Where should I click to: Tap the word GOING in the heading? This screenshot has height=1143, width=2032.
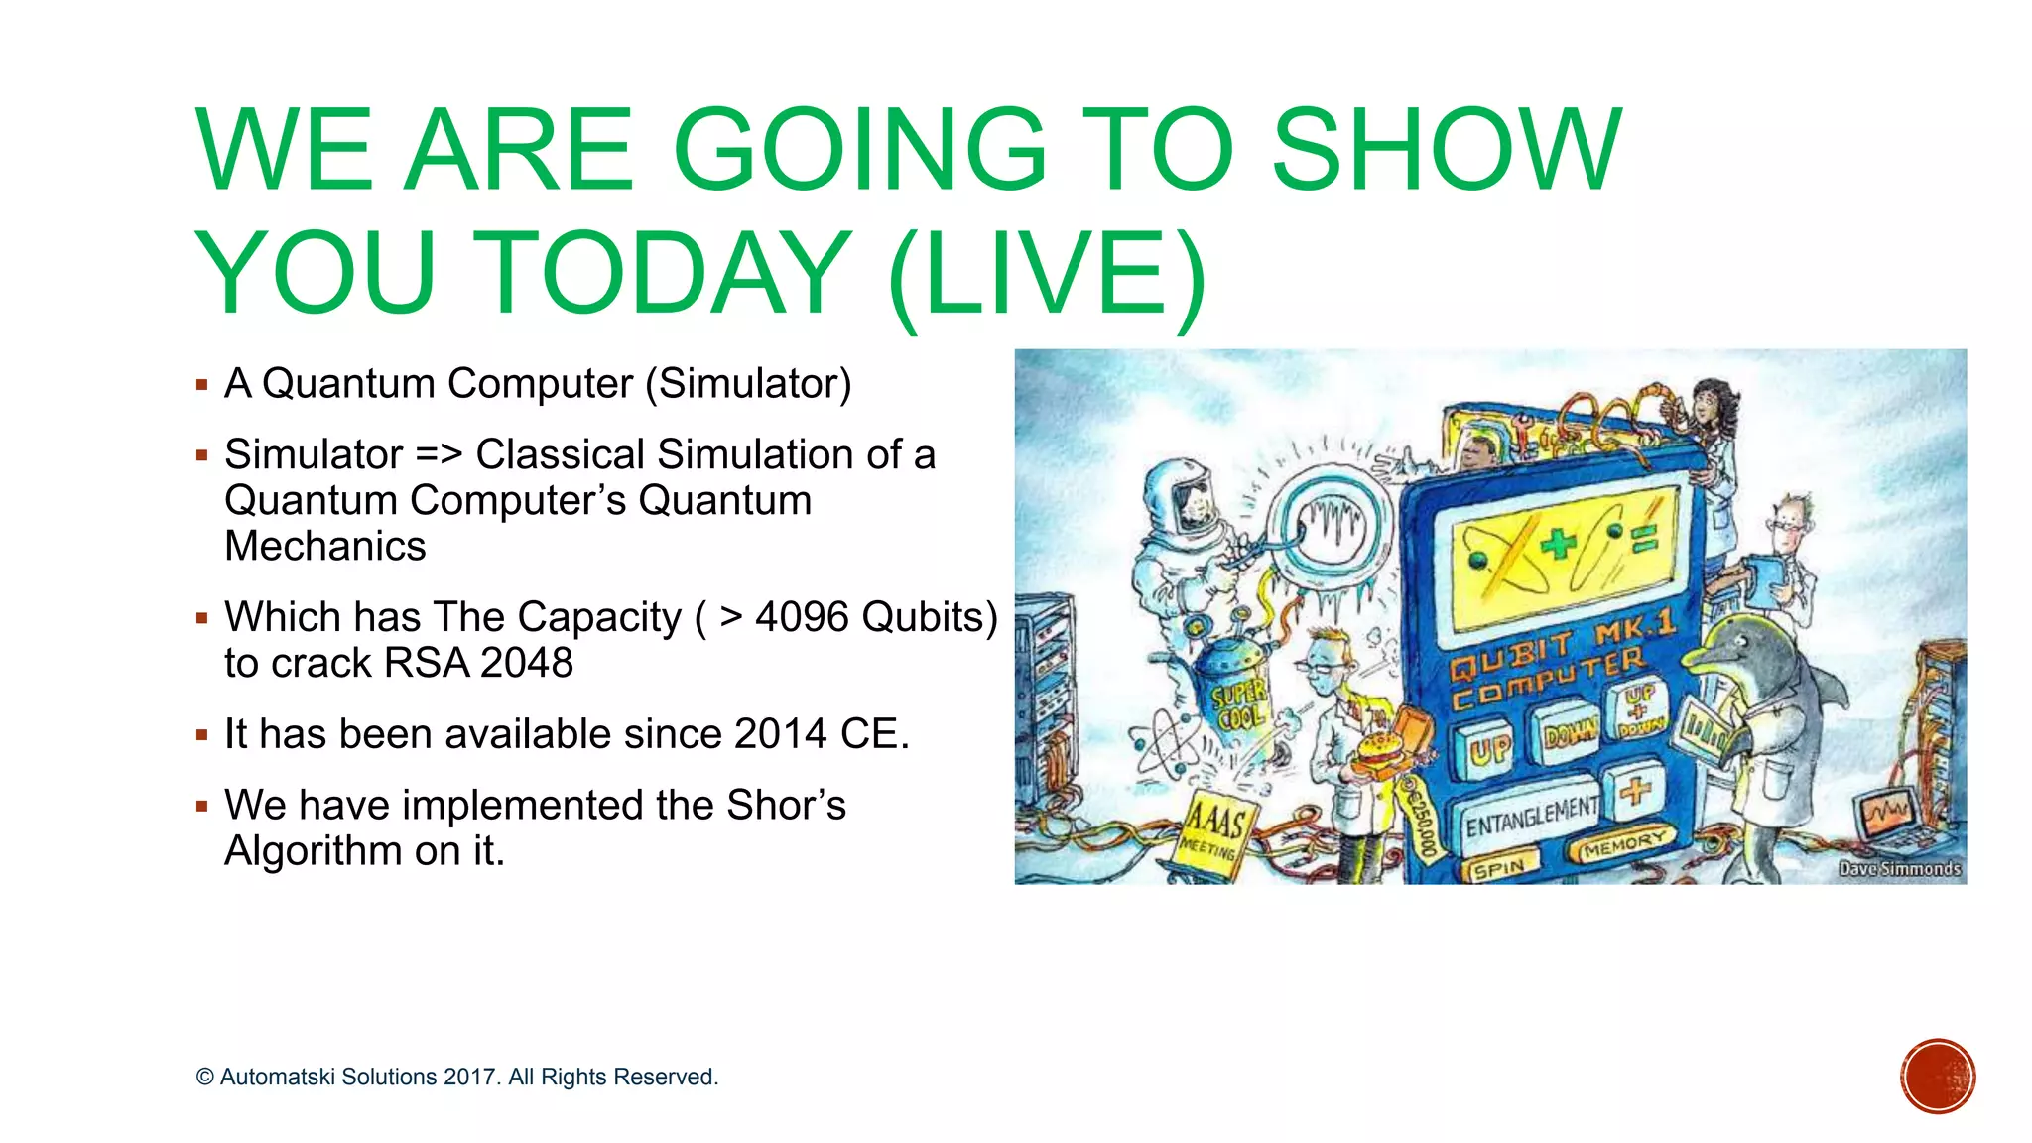click(x=859, y=151)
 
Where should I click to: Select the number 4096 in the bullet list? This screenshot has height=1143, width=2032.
click(x=802, y=617)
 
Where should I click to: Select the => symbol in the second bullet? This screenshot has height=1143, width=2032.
click(x=439, y=455)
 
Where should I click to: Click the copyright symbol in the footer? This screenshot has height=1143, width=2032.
click(x=205, y=1078)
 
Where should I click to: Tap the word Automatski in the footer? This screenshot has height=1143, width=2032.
click(x=278, y=1078)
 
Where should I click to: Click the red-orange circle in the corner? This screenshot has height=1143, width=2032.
click(x=1938, y=1077)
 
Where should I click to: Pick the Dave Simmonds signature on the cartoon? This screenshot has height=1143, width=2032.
click(x=1899, y=869)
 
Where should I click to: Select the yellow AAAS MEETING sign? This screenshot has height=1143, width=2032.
click(x=1214, y=831)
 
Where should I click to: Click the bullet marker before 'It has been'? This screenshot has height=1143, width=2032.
click(x=202, y=736)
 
